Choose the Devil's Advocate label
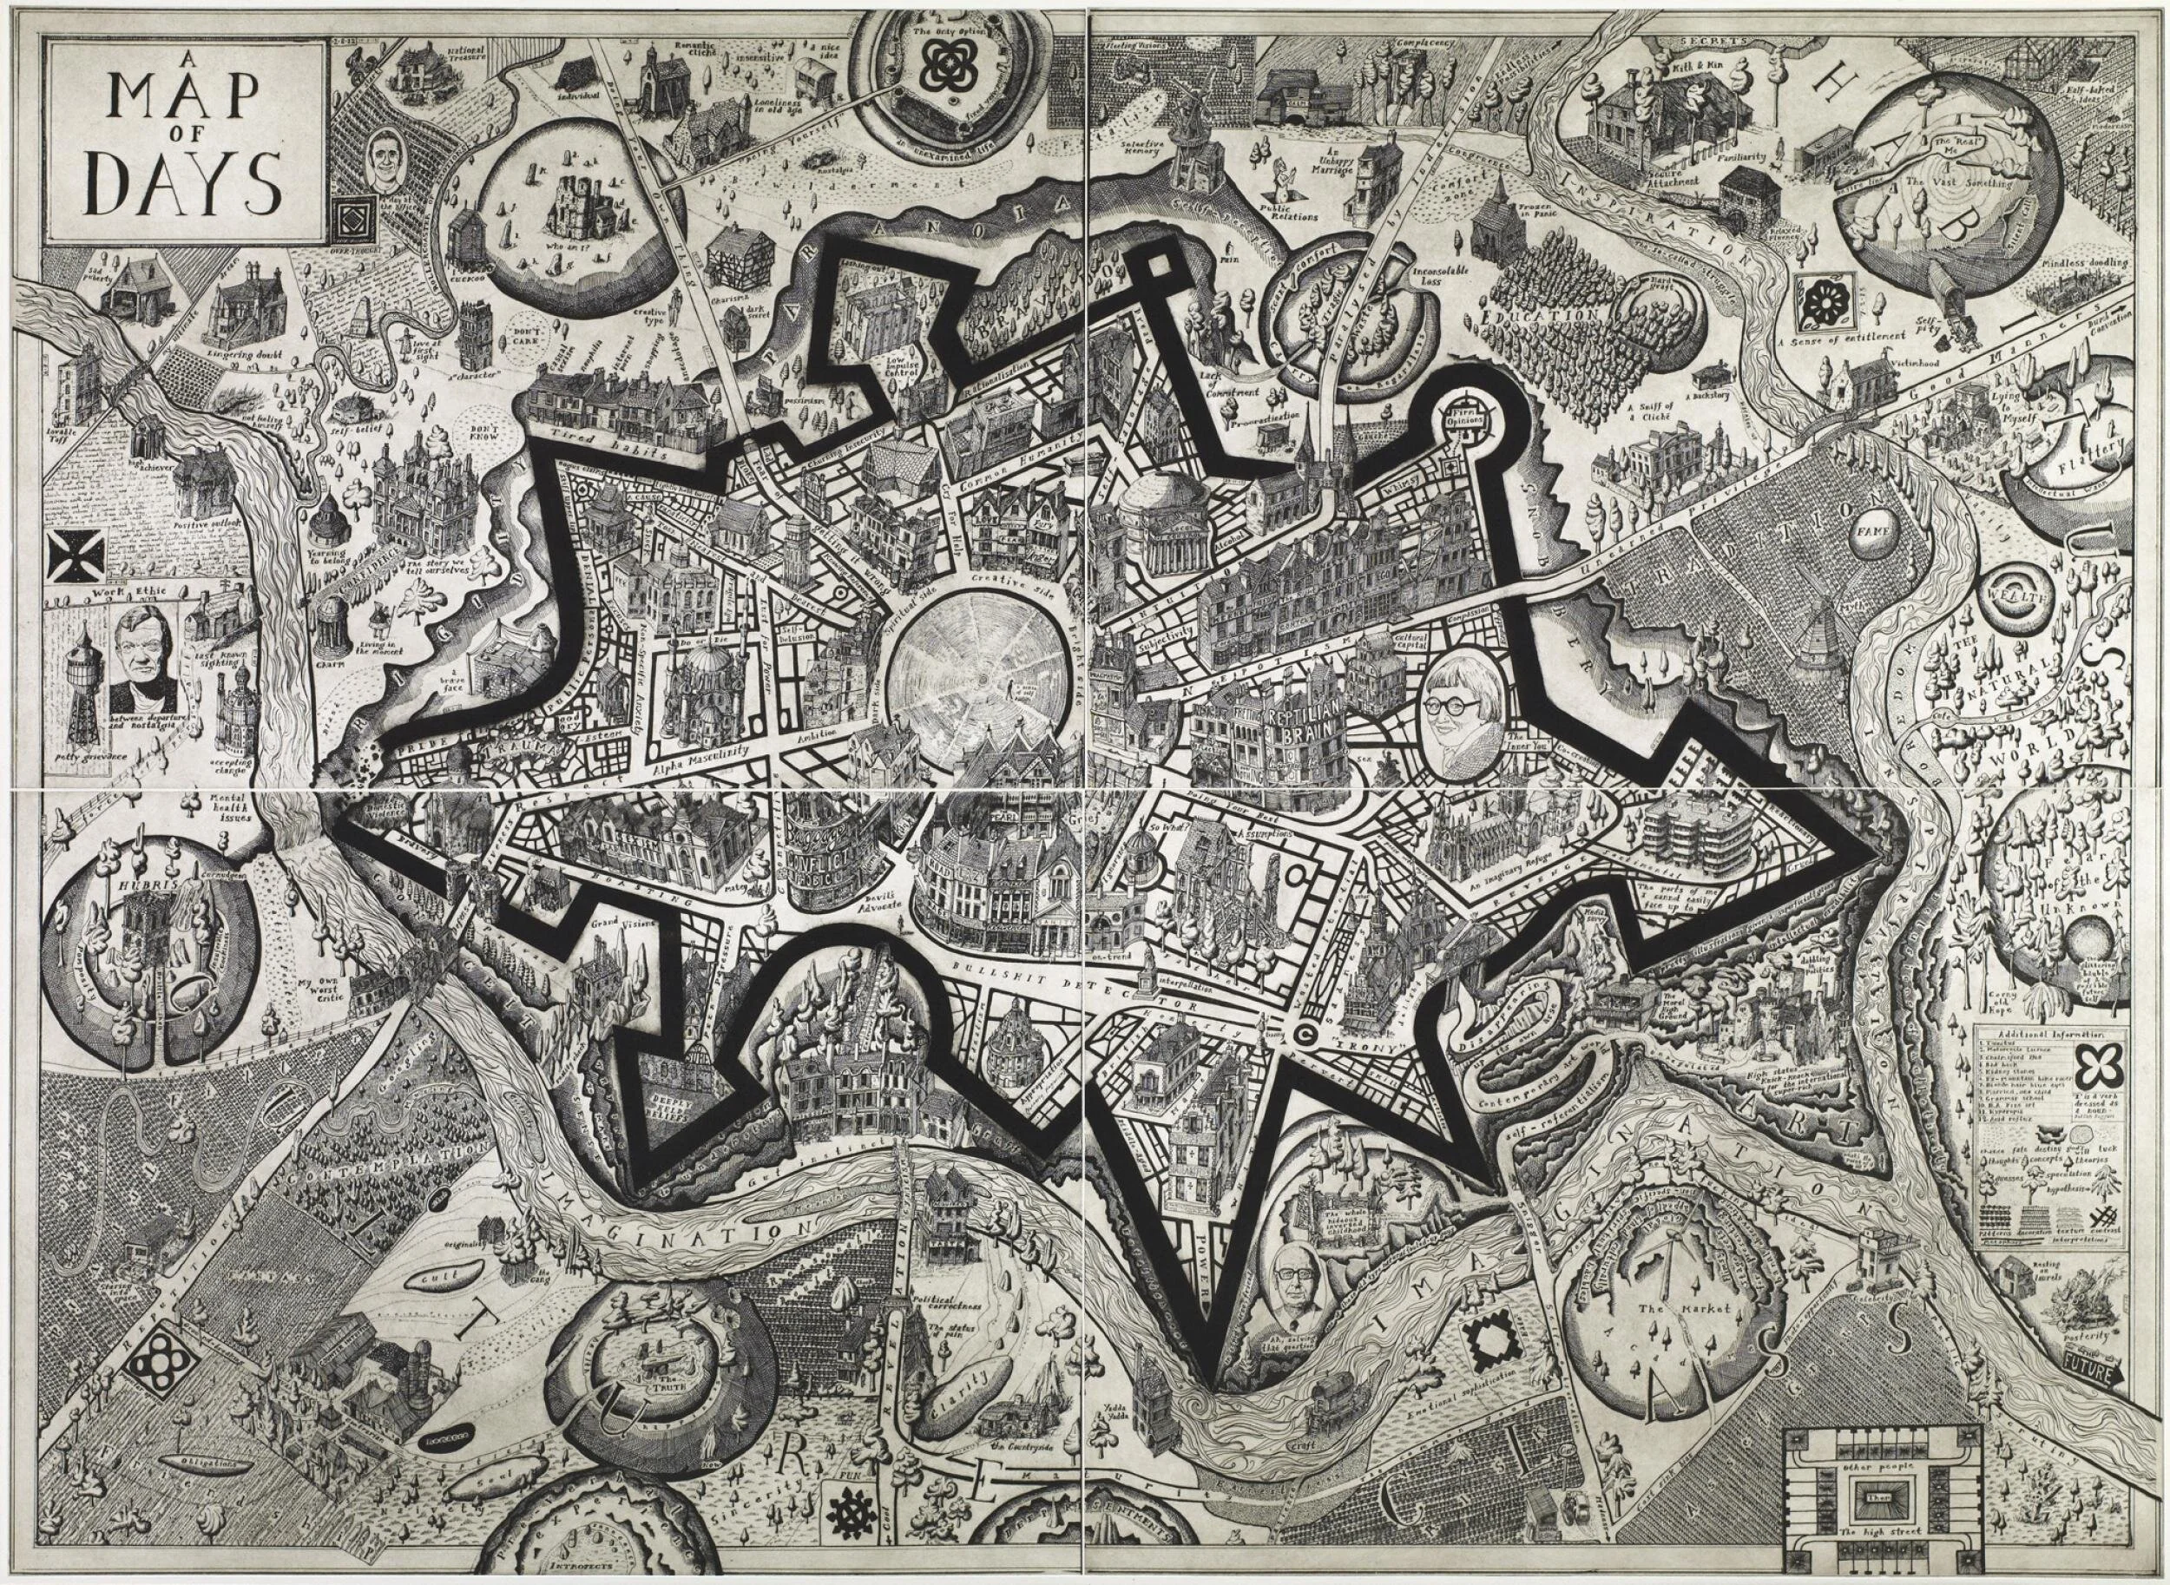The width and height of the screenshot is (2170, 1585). pos(860,903)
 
